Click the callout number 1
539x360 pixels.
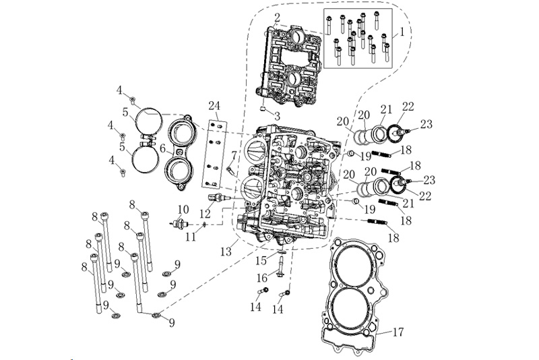(402, 31)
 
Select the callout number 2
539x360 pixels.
(277, 16)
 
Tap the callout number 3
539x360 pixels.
(277, 116)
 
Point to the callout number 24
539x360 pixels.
(215, 105)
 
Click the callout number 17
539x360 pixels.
(398, 332)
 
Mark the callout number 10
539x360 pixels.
(183, 209)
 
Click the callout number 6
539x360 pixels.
(162, 147)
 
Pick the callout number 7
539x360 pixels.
(234, 155)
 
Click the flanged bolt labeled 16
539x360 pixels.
(279, 270)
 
